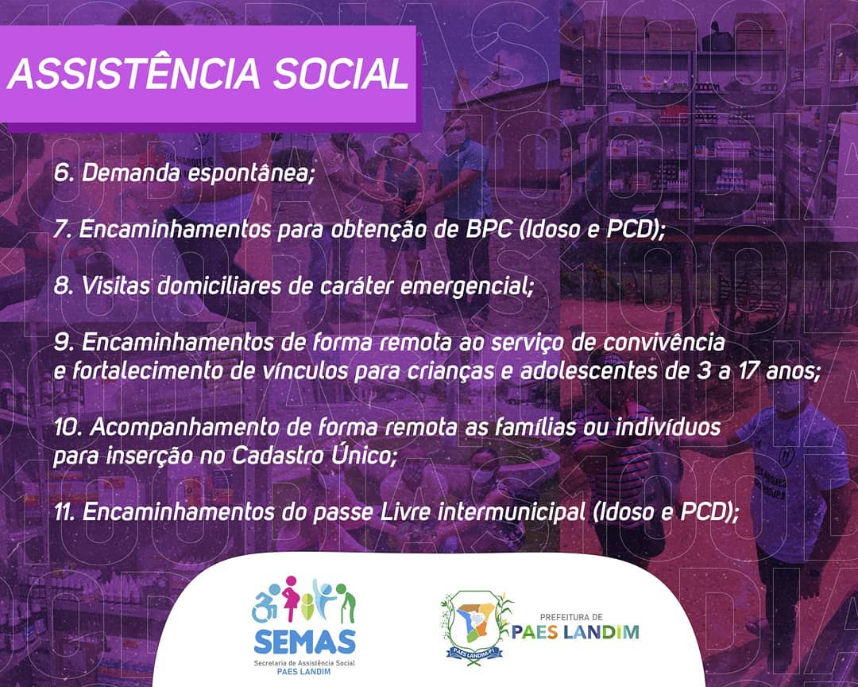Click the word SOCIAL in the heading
pos(341,73)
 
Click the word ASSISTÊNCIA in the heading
pos(133,73)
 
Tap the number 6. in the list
pos(64,173)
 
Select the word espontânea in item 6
pos(252,174)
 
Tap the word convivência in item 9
pos(663,343)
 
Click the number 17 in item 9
pos(748,371)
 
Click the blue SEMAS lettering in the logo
pos(305,641)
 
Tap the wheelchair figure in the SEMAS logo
pos(265,604)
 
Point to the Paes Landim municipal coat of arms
pos(474,627)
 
